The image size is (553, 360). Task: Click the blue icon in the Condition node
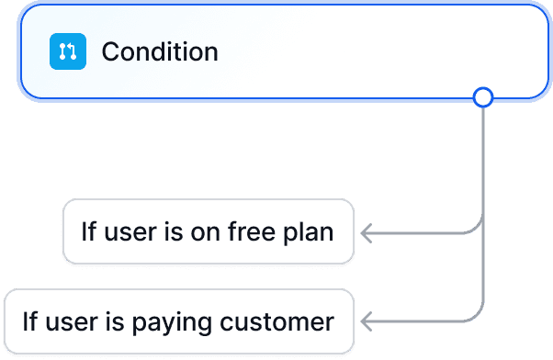coord(67,51)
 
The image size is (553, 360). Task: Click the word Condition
coord(160,51)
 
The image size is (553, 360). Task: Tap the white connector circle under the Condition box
coord(482,96)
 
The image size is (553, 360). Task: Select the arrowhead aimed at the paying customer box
coord(367,321)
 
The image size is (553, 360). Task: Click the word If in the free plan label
coord(87,231)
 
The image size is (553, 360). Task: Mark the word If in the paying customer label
coord(29,321)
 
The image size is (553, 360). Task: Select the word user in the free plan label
coord(126,232)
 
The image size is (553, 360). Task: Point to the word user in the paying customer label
coord(68,322)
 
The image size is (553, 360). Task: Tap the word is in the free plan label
coord(171,231)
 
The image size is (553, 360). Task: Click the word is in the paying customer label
coord(113,321)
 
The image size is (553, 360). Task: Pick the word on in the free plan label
coord(204,232)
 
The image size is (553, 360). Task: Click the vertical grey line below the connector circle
coord(482,165)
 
